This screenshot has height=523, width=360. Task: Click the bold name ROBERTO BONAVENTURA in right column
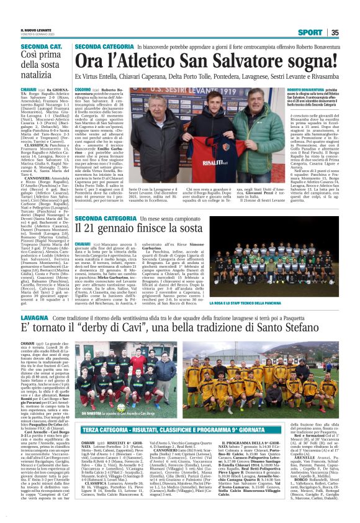click(310, 91)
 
